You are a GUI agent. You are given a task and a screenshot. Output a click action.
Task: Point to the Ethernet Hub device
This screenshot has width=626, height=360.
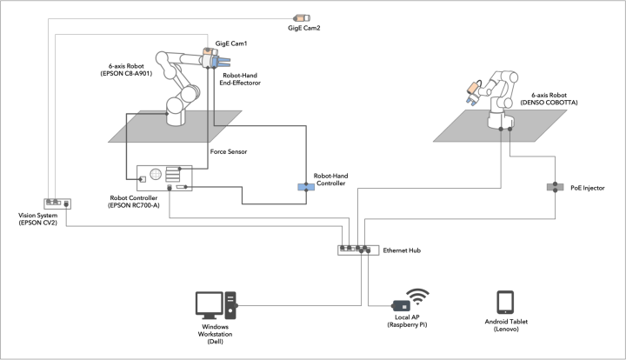pyautogui.click(x=356, y=250)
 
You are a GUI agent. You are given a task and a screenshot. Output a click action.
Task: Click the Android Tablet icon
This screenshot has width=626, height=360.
pyautogui.click(x=505, y=302)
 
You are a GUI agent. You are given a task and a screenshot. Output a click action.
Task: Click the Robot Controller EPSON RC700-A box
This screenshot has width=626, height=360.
pyautogui.click(x=164, y=178)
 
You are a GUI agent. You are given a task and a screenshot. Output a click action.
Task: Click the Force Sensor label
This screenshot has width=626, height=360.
pyautogui.click(x=230, y=150)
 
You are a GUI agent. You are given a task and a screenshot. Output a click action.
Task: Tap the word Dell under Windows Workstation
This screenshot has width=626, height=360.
pyautogui.click(x=216, y=343)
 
